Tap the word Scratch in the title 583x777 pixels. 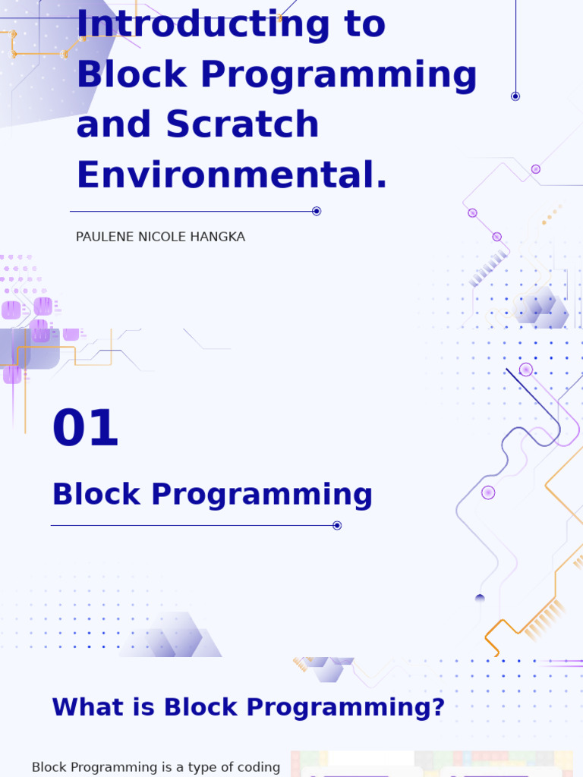242,124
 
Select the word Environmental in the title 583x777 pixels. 232,175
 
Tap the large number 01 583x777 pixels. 86,429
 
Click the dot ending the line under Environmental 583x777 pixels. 317,211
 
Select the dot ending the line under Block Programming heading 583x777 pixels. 337,525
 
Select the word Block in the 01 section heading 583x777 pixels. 96,495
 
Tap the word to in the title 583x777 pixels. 364,24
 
